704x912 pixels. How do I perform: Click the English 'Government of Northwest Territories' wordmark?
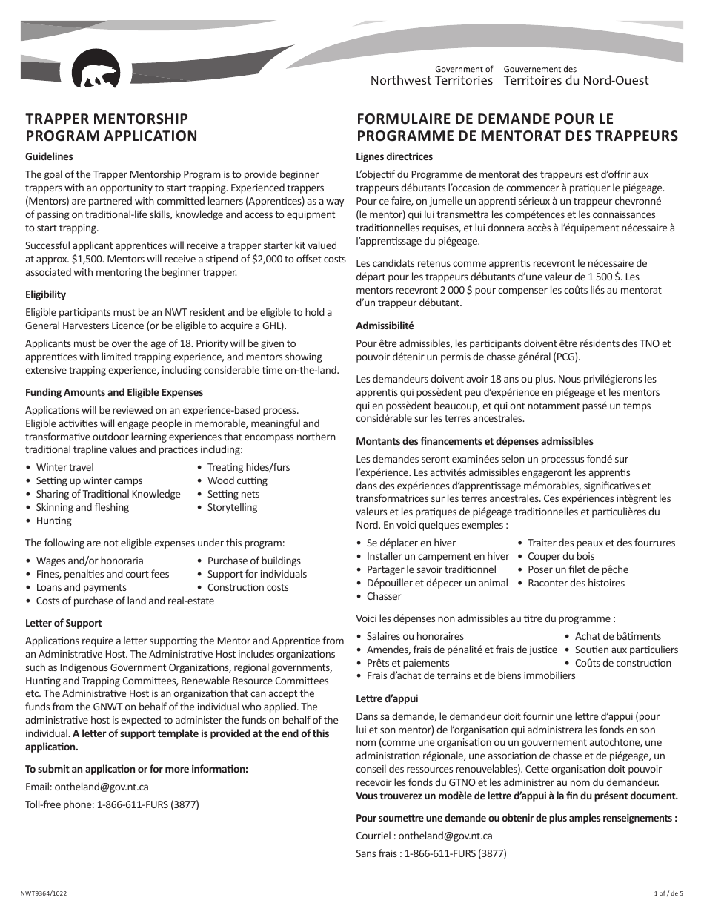tap(431, 75)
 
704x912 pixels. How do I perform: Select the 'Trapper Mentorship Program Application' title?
tap(111, 127)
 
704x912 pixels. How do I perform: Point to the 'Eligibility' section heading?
tap(45, 294)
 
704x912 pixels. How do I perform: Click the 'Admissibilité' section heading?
tap(385, 326)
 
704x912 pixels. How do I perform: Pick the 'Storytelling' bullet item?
tap(232, 508)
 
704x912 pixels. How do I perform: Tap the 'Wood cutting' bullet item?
tap(237, 481)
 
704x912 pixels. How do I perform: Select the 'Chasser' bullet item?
tap(384, 597)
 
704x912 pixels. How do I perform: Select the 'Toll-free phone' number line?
tap(112, 804)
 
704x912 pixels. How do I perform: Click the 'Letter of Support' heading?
tap(63, 623)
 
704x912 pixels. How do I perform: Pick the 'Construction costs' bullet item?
tap(248, 588)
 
